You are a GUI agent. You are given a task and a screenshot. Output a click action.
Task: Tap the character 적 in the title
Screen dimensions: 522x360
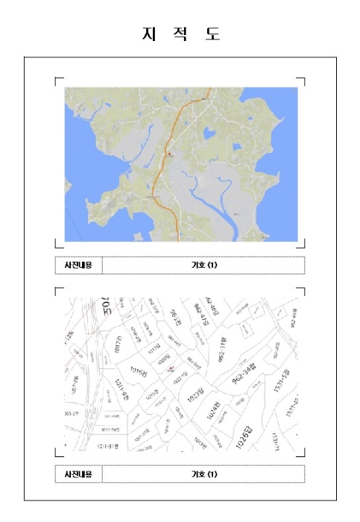(x=180, y=34)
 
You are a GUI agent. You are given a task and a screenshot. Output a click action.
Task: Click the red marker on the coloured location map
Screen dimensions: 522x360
(x=170, y=154)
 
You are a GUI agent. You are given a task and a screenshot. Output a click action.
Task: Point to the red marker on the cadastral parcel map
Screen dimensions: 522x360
(x=171, y=368)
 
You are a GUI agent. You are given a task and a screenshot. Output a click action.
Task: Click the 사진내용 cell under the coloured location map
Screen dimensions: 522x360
(x=78, y=265)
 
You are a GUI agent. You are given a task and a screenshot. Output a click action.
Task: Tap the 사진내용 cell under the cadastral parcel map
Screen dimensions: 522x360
(x=78, y=474)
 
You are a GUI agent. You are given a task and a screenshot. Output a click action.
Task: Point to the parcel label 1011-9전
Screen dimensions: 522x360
(x=121, y=389)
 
